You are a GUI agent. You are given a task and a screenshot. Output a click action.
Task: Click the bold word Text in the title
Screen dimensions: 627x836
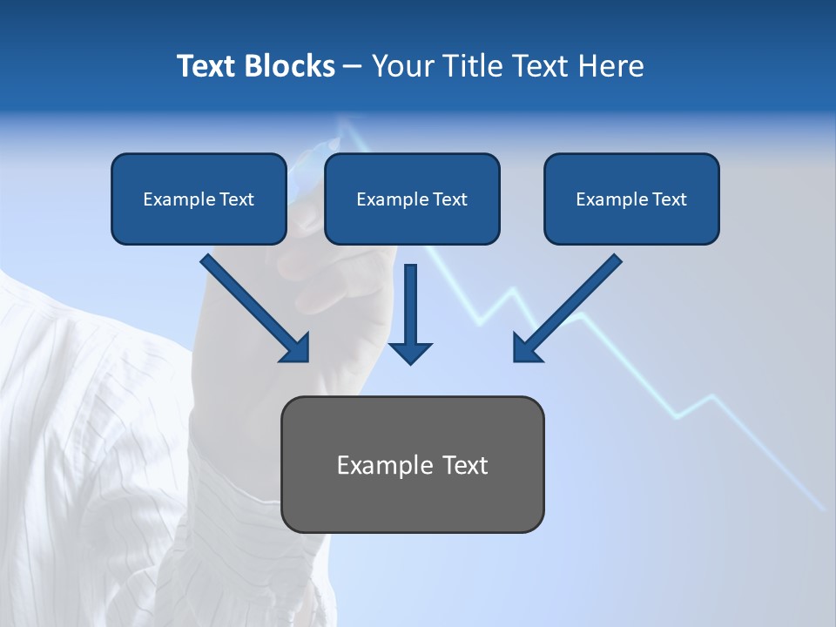206,66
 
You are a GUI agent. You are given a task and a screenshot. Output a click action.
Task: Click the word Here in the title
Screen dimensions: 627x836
610,66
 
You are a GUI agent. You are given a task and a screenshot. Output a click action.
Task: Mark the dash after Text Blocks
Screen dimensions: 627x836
353,67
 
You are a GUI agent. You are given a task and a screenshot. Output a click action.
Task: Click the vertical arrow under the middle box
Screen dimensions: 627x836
410,305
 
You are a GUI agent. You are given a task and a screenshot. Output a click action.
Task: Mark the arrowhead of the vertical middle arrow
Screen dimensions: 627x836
410,352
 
